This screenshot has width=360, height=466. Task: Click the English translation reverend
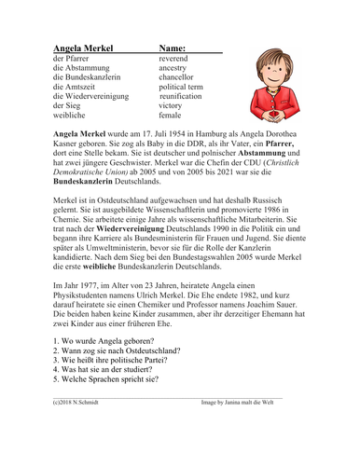(177, 58)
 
